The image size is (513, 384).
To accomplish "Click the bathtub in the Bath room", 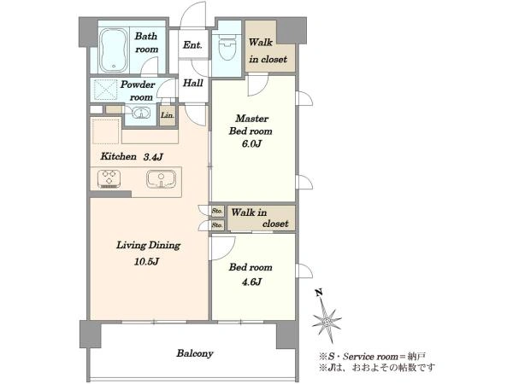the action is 114,50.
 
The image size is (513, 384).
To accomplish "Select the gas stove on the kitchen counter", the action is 109,179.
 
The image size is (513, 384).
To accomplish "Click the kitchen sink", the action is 161,179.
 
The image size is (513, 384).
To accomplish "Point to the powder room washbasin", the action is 141,113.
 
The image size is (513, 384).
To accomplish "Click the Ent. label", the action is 192,44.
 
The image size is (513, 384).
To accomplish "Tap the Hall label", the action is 192,83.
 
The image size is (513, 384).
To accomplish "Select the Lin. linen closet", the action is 168,115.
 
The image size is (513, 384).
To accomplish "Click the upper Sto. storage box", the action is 217,211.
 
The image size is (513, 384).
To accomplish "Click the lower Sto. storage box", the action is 217,225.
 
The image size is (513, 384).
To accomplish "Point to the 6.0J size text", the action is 251,143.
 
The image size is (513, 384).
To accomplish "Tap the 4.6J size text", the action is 251,282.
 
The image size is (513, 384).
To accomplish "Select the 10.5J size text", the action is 146,261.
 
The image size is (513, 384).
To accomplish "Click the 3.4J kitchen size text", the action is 153,157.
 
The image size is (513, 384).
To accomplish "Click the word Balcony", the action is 195,353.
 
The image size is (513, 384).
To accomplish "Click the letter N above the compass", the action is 319,293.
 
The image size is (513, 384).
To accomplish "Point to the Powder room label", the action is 138,90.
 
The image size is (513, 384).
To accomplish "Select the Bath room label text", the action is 146,43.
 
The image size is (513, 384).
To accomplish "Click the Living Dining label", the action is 148,245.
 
